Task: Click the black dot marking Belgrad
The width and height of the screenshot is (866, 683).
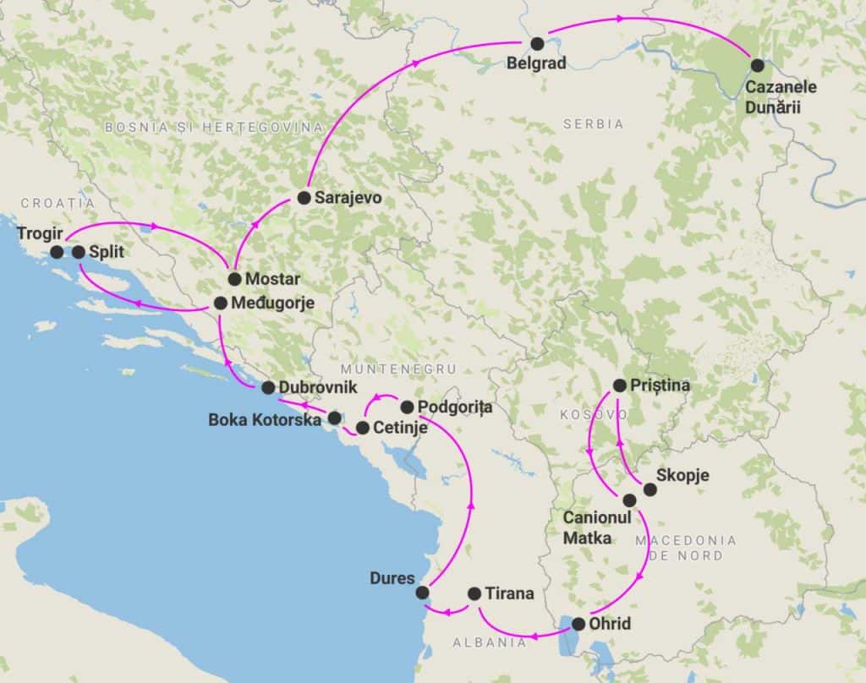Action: pyautogui.click(x=537, y=43)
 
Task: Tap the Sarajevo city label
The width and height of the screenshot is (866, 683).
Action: pyautogui.click(x=348, y=199)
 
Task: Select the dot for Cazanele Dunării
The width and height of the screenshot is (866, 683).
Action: pyautogui.click(x=757, y=65)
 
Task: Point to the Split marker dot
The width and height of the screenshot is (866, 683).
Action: pyautogui.click(x=78, y=252)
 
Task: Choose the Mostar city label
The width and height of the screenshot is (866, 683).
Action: pyautogui.click(x=271, y=279)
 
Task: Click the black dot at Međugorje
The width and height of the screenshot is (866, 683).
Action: pyautogui.click(x=220, y=303)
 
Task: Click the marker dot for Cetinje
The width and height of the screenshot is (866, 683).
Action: pyautogui.click(x=362, y=428)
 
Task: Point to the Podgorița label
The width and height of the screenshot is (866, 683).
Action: pyautogui.click(x=456, y=407)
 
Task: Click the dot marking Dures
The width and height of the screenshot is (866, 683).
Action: pyautogui.click(x=422, y=593)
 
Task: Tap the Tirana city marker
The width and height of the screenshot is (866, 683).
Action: pyautogui.click(x=474, y=593)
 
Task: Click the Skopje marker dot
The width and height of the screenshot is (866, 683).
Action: pyautogui.click(x=649, y=489)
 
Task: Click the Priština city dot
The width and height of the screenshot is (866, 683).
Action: pyautogui.click(x=619, y=385)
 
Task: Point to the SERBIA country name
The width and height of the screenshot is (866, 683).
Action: pyautogui.click(x=593, y=123)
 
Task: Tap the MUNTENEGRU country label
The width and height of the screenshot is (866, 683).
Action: pyautogui.click(x=398, y=369)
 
